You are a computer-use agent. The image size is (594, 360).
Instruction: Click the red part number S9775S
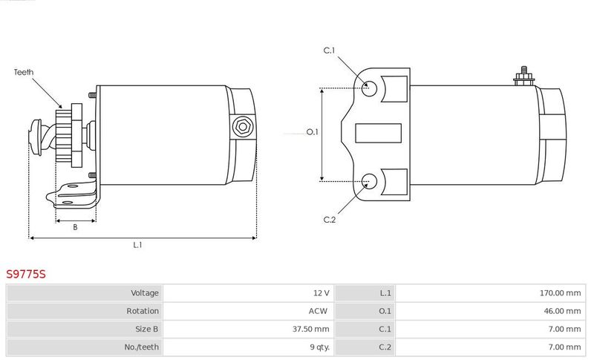[x=26, y=274]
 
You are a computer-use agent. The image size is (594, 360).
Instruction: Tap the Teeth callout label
[x=24, y=72]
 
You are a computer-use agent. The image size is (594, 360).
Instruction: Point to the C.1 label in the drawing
[x=329, y=50]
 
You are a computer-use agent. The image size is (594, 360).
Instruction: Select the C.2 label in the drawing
[x=330, y=220]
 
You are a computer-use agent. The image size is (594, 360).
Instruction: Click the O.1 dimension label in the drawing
[x=312, y=131]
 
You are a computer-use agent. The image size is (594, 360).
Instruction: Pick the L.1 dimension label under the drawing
[x=137, y=245]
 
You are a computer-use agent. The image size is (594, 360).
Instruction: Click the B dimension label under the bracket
[x=75, y=227]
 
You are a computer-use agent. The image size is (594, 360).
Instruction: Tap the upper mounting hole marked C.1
[x=369, y=88]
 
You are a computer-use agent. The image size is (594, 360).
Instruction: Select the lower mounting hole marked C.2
[x=369, y=181]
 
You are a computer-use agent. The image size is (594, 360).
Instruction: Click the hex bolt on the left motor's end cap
[x=243, y=126]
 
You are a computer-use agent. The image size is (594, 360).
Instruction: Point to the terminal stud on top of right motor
[x=524, y=76]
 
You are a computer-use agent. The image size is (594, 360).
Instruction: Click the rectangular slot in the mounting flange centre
[x=378, y=134]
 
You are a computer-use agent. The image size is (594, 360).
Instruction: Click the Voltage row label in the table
[x=145, y=293]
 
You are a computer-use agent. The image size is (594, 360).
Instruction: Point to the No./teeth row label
[x=141, y=347]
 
